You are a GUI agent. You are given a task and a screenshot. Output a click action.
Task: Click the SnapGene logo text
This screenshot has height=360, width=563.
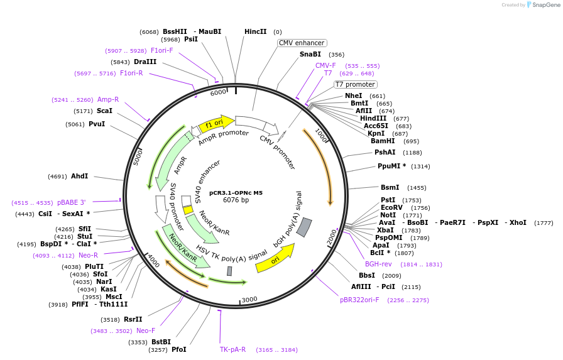coord(544,5)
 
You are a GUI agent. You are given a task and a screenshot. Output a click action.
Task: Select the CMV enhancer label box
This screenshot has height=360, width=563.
coord(302,43)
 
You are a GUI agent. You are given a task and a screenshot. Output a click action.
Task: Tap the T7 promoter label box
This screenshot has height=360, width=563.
coord(355,84)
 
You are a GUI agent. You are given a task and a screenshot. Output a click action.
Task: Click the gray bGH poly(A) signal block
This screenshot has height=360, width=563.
coord(304,227)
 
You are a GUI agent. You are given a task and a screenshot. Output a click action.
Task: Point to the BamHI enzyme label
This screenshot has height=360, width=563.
coord(383,141)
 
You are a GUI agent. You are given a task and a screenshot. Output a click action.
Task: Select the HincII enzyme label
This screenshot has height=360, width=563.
coord(255,31)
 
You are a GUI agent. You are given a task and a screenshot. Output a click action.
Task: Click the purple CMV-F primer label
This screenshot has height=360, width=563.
coord(325,65)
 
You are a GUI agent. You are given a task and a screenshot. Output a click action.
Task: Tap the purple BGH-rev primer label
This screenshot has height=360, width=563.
coord(378,264)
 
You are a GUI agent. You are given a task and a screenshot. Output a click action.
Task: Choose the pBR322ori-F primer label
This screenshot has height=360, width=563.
coord(359,300)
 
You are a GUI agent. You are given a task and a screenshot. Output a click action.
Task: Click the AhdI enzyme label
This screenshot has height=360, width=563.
coord(79,177)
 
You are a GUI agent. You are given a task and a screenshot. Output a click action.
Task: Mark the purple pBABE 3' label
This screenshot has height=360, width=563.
coord(71,203)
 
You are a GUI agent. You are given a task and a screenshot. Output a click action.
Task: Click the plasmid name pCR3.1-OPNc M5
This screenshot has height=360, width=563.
coord(236,192)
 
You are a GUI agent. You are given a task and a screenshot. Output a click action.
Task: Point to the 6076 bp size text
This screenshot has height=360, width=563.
coord(236,200)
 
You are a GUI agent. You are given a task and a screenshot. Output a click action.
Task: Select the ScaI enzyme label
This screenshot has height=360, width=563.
coord(104,111)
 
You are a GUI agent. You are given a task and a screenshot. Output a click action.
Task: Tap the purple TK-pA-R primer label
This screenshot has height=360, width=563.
coord(232,349)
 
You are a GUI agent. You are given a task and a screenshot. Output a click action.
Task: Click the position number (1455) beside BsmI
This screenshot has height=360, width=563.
coord(417,188)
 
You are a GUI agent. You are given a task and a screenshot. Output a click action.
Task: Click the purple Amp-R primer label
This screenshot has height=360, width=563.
coord(108,99)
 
